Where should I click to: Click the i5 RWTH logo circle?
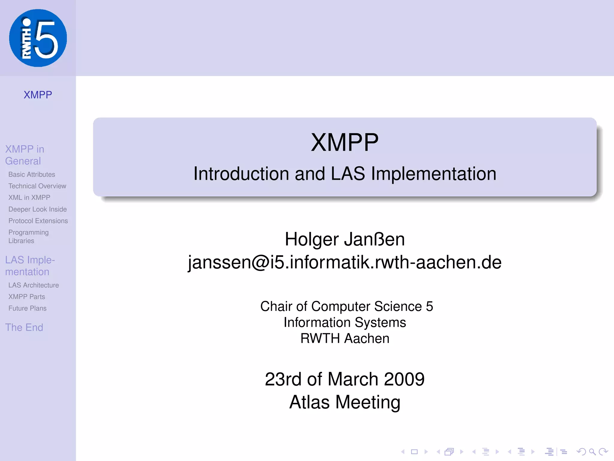pyautogui.click(x=38, y=38)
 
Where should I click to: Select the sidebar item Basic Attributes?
pyautogui.click(x=32, y=174)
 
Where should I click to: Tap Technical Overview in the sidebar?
pyautogui.click(x=37, y=186)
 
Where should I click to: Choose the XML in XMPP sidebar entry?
pyautogui.click(x=29, y=197)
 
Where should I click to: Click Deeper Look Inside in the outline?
pyautogui.click(x=37, y=209)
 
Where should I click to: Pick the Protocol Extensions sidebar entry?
pyautogui.click(x=38, y=221)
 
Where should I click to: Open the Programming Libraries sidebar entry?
pyautogui.click(x=28, y=237)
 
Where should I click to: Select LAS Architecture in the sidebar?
pyautogui.click(x=34, y=285)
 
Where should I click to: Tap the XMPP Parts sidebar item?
pyautogui.click(x=27, y=297)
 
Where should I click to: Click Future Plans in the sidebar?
pyautogui.click(x=28, y=308)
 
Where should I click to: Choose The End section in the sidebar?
pyautogui.click(x=24, y=327)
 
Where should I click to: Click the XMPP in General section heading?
pyautogui.click(x=25, y=155)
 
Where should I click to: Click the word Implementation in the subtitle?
pyautogui.click(x=434, y=174)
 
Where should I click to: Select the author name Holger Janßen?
pyautogui.click(x=345, y=239)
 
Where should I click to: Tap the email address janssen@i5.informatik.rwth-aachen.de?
pyautogui.click(x=345, y=262)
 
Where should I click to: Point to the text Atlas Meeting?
pyautogui.click(x=345, y=402)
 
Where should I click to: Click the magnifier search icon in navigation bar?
pyautogui.click(x=592, y=452)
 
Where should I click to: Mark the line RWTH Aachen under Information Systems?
pyautogui.click(x=345, y=339)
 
